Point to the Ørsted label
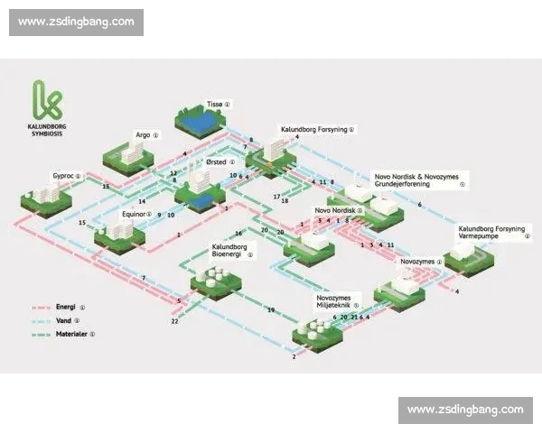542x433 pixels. coord(216,163)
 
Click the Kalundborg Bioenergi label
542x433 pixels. coord(229,250)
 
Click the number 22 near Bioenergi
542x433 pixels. coord(175,321)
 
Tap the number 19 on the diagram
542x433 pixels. coord(270,310)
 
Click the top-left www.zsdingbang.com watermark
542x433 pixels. coord(76,22)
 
